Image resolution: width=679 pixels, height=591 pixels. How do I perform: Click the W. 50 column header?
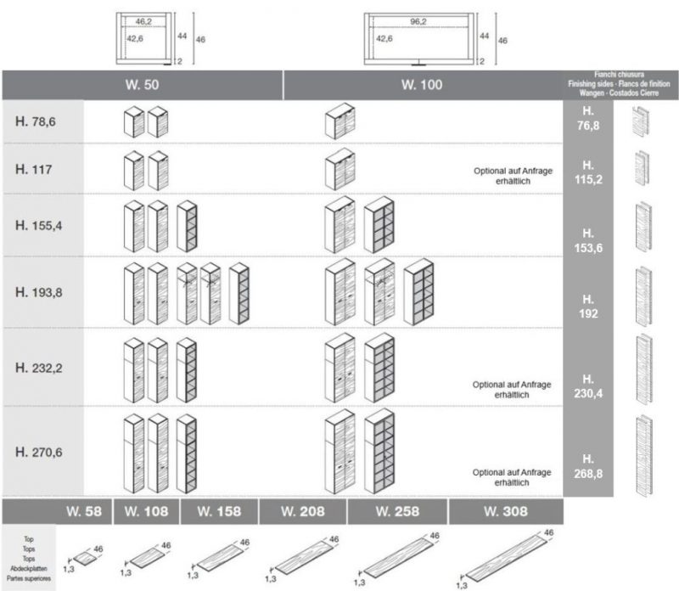tap(142, 85)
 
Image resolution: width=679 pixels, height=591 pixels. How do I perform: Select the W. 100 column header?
tap(421, 85)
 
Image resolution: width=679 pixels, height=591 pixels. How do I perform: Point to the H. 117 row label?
tap(34, 169)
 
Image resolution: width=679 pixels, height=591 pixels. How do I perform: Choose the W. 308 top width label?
tap(506, 512)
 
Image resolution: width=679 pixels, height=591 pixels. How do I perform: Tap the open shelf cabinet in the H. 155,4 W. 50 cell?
tap(187, 225)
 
